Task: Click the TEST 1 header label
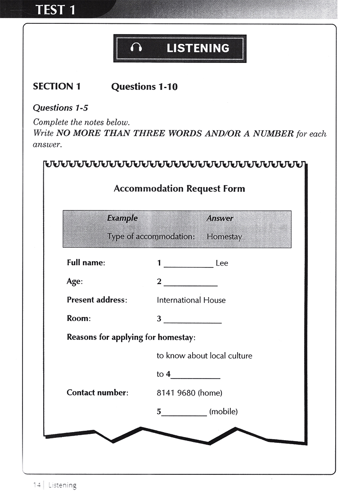55,9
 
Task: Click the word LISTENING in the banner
198,48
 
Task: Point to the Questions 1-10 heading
144,87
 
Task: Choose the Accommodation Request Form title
179,188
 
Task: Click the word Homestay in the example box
224,236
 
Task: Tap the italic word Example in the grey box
122,218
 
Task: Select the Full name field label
85,263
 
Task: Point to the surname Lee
222,263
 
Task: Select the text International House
191,300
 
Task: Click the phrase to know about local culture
204,356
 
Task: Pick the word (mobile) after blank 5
223,411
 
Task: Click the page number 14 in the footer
36,485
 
